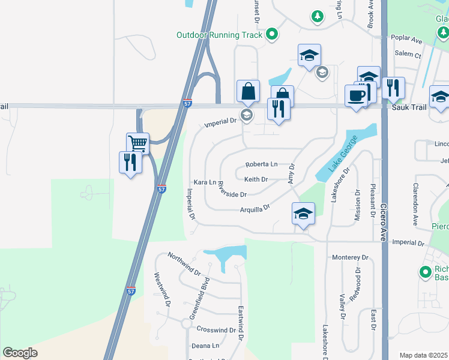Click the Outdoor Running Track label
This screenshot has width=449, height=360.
(219, 35)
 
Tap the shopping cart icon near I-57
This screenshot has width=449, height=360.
(137, 143)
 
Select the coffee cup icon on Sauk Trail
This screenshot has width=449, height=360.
(356, 95)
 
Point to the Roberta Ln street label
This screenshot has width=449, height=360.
(262, 164)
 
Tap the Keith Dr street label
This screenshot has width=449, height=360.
(256, 179)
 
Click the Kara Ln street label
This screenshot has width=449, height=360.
(204, 182)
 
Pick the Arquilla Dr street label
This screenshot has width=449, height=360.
(255, 208)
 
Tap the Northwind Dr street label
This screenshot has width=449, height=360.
(184, 263)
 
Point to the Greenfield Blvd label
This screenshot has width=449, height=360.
(199, 298)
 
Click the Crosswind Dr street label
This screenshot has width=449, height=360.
(216, 330)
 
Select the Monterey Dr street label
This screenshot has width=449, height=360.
(350, 257)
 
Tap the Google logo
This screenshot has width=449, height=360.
(20, 353)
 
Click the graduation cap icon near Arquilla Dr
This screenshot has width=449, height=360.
(303, 213)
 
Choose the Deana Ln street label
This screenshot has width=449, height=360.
(205, 346)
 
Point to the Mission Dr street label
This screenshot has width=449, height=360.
(358, 205)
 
